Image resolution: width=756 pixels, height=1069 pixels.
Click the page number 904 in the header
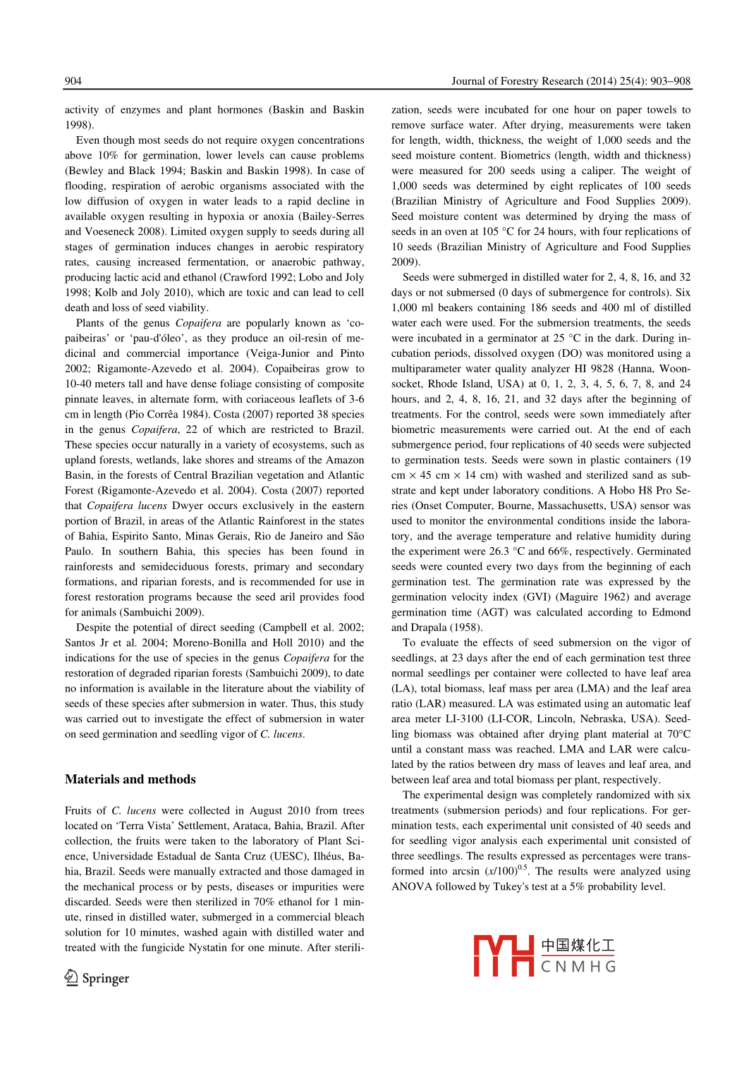point(73,81)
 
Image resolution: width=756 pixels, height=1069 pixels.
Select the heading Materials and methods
point(130,779)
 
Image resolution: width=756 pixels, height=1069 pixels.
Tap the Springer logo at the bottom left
point(97,978)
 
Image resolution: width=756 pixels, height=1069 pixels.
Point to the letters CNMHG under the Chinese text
point(578,967)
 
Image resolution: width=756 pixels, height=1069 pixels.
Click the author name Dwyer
point(188,506)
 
